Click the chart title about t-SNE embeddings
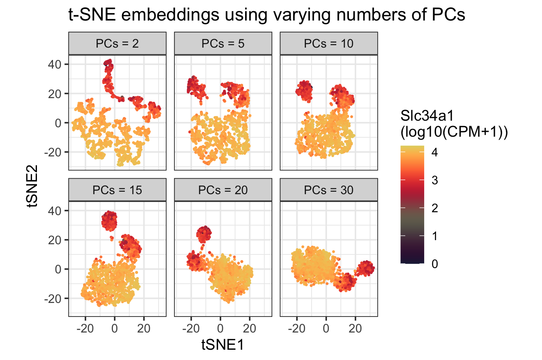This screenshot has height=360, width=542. (x=266, y=15)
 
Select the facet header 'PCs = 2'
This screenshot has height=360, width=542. (x=117, y=44)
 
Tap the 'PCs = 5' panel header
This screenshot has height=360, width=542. (x=223, y=44)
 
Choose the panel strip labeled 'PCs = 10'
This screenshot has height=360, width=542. (x=328, y=44)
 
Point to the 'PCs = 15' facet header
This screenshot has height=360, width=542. (x=117, y=190)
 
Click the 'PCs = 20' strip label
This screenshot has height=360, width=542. (x=223, y=190)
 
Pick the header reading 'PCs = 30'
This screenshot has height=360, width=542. (x=328, y=190)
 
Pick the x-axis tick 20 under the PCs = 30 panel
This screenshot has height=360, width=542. (x=355, y=328)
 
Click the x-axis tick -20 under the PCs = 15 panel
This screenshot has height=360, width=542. (x=85, y=328)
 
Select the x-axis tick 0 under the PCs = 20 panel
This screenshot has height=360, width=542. (x=220, y=328)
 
